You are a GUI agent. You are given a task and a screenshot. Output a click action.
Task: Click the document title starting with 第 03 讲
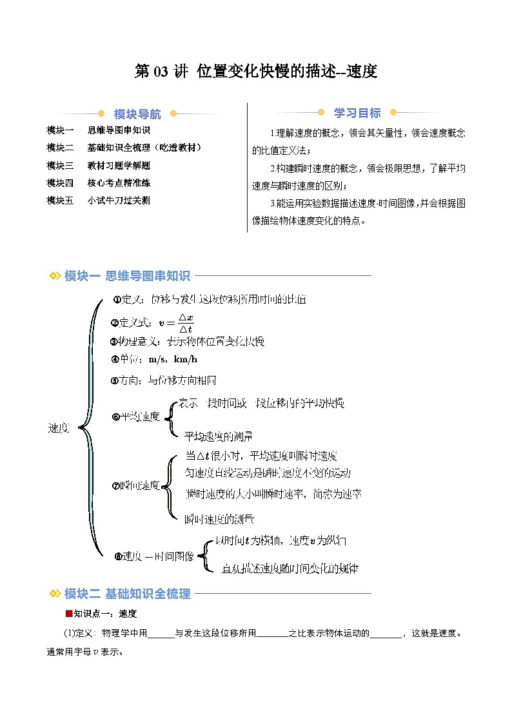255,72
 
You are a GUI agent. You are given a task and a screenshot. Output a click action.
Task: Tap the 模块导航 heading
137,114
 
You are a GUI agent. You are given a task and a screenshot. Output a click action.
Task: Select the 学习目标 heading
357,113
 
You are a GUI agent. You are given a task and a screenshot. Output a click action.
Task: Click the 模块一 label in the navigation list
60,130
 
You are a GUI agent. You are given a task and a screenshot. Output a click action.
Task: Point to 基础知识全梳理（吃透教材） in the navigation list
144,148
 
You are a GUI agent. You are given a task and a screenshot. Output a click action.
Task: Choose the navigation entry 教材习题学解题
119,165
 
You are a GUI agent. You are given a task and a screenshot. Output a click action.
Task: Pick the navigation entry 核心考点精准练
119,182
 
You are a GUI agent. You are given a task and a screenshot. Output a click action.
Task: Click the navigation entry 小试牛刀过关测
119,201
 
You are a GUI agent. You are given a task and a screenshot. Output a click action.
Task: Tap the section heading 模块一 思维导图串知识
127,276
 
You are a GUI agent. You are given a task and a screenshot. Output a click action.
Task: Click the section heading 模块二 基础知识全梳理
127,594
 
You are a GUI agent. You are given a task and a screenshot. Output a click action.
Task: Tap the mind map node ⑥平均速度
135,416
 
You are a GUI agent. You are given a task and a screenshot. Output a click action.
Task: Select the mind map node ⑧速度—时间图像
153,556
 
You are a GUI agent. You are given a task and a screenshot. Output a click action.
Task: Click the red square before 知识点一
68,613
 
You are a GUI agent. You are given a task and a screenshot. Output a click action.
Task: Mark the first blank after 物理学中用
161,633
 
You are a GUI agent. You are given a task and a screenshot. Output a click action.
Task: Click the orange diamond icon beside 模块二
55,594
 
